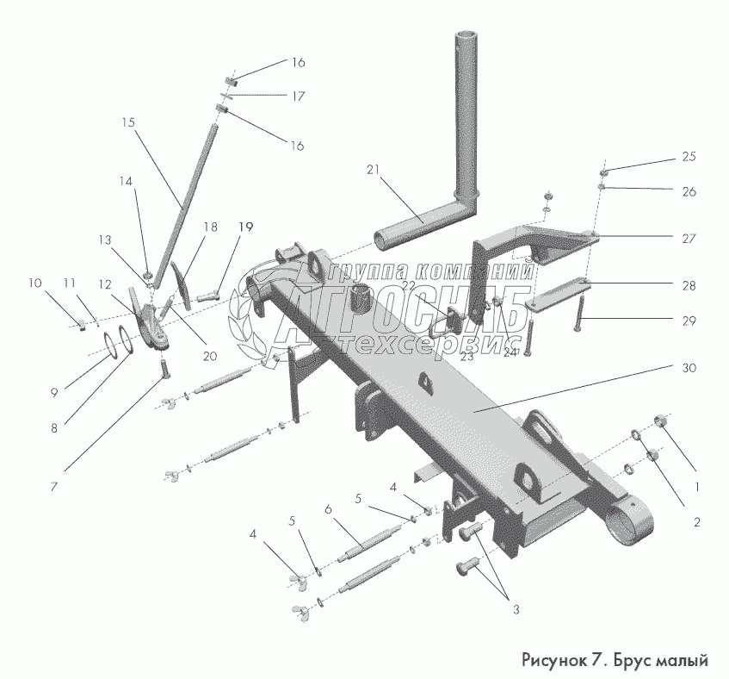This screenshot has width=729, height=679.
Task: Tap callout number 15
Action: pos(128,122)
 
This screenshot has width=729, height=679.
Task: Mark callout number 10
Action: pos(34,283)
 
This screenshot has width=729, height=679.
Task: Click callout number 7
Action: pos(53,486)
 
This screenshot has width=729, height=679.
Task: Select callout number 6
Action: pos(329,510)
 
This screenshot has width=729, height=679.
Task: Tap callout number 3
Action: pos(516,610)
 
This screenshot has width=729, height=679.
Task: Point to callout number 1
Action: pos(696,486)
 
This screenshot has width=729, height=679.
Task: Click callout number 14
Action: pos(127,181)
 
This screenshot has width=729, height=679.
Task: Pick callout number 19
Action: pos(246,227)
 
